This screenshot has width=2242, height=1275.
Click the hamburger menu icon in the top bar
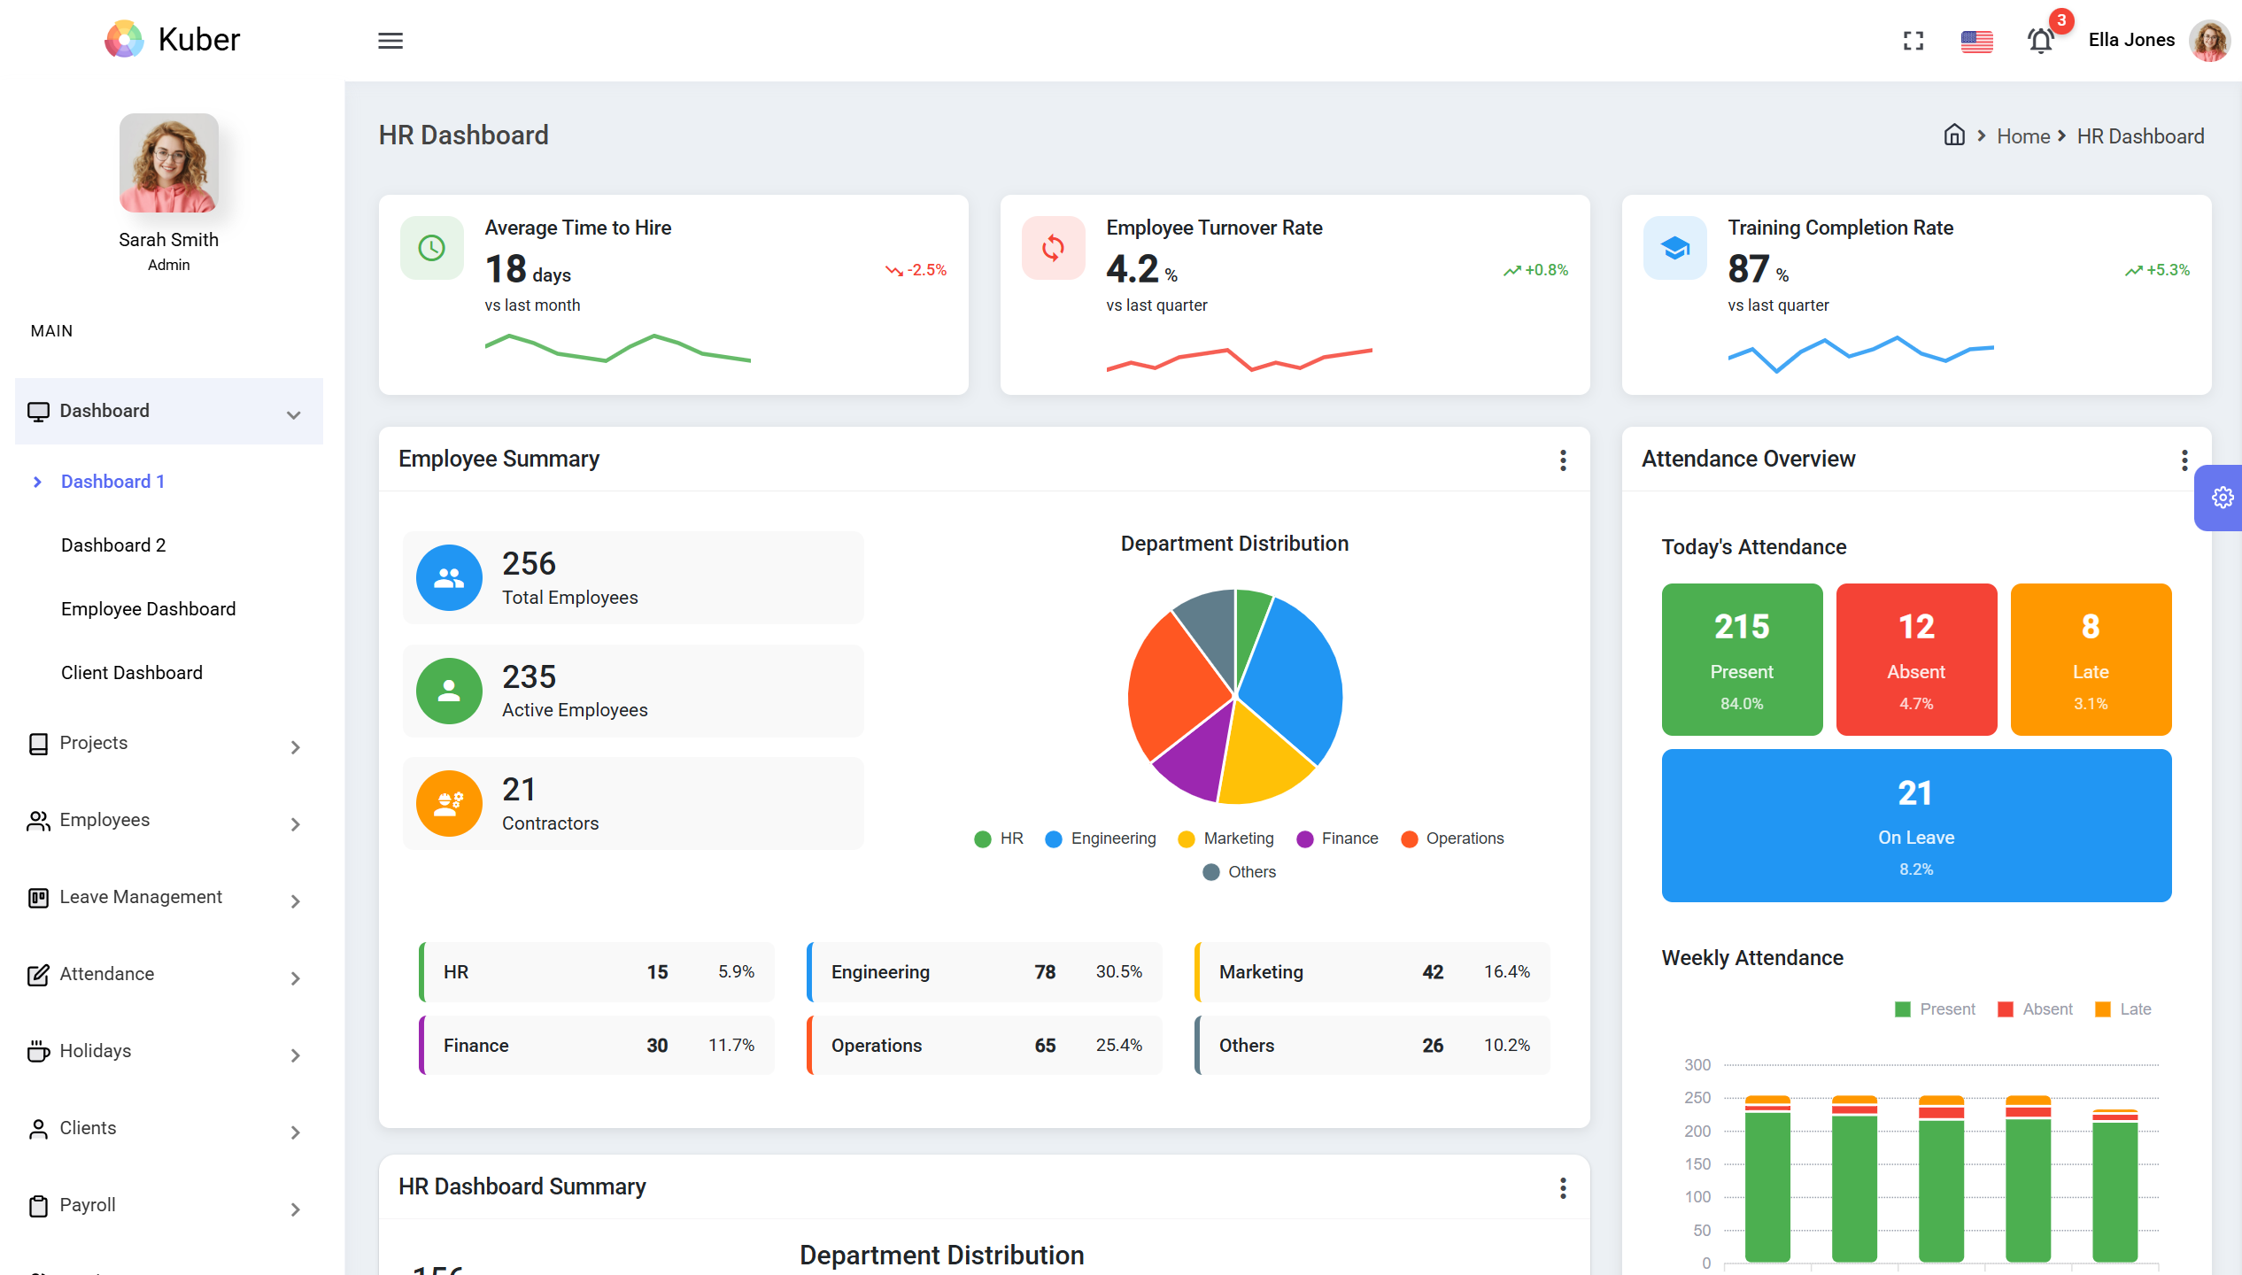tap(390, 41)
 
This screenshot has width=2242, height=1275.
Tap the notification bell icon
tap(2040, 41)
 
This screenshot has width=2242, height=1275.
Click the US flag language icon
tap(1976, 41)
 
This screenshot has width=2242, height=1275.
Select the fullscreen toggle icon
tap(1913, 41)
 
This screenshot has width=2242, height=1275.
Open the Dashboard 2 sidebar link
tap(113, 545)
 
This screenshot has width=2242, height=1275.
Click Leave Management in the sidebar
tap(141, 897)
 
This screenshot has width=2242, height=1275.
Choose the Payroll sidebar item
tap(88, 1205)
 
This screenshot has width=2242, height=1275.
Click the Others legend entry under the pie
tap(1240, 872)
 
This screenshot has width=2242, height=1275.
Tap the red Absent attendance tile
tap(1916, 660)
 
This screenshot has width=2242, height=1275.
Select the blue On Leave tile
tap(1916, 825)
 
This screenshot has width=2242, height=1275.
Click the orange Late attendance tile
tap(2091, 660)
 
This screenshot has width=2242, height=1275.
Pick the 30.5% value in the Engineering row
tap(1118, 972)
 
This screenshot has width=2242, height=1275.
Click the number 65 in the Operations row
tap(1045, 1046)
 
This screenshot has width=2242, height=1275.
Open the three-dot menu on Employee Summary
tap(1563, 460)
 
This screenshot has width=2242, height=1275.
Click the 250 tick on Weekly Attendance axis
tap(1697, 1098)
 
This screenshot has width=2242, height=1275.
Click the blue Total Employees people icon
tap(449, 578)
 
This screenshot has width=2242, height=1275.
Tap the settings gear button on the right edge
tap(2222, 498)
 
